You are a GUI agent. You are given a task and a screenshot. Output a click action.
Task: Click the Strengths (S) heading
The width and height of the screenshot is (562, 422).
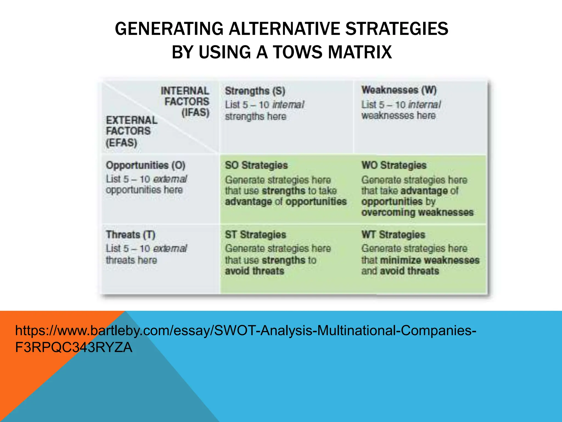point(255,91)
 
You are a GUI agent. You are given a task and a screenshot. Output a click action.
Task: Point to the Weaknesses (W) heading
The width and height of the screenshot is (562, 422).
point(399,90)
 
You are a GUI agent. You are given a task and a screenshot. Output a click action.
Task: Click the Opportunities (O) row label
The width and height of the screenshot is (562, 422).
point(145,165)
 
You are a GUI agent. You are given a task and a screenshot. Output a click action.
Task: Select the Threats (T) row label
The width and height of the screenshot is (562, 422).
point(131,235)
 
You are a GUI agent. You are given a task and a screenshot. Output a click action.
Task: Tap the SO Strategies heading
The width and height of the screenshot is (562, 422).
point(256,165)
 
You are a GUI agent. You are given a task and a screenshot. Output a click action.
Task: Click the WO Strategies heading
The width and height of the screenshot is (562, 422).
point(394,165)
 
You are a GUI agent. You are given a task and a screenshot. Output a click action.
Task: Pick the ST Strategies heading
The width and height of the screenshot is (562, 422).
point(255,235)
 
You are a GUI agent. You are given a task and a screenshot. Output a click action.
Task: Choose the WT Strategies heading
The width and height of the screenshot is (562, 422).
point(393,235)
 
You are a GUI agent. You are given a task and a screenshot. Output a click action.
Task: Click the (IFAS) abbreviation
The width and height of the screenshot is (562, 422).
point(195,113)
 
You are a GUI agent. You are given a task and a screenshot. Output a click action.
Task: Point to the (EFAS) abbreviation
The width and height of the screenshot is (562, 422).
point(121,143)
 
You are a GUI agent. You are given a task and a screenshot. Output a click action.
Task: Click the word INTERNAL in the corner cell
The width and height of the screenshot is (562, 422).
point(185,91)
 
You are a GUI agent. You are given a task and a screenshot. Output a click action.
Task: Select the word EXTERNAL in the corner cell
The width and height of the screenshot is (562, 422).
point(132,120)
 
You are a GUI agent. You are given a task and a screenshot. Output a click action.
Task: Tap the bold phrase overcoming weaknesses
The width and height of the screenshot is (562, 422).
point(417,212)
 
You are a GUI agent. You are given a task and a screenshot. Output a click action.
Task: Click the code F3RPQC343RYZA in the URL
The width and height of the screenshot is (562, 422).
point(74,348)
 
